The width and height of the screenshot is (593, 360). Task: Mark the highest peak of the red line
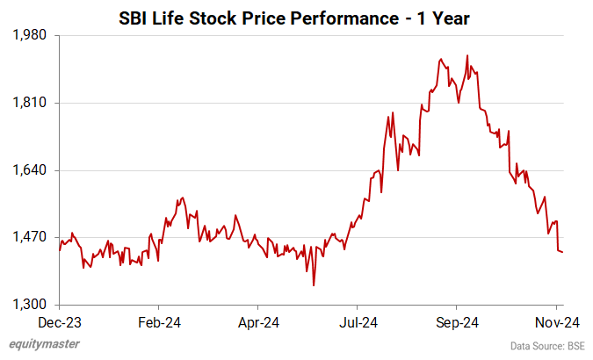[466, 55]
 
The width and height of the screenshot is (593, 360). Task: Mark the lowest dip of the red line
[314, 284]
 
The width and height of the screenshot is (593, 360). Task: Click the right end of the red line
[562, 252]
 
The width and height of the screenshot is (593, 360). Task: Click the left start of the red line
[60, 250]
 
